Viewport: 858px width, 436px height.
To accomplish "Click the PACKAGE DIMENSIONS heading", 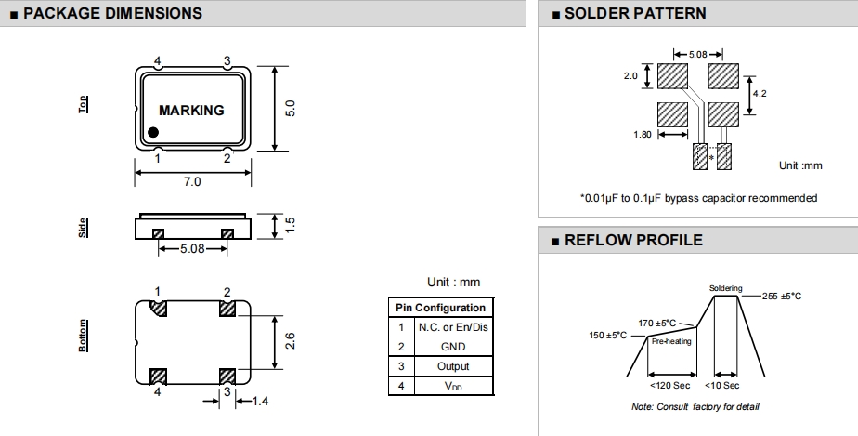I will pos(111,13).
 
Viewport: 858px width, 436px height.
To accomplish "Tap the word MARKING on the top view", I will pos(191,110).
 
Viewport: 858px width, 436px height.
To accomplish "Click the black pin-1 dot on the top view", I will pos(154,133).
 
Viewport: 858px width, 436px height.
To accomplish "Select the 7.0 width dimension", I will pos(191,182).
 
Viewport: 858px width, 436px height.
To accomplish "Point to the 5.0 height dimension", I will pos(290,108).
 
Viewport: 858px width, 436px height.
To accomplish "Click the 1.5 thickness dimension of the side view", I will pos(290,225).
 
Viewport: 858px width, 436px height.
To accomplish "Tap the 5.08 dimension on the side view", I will pos(191,249).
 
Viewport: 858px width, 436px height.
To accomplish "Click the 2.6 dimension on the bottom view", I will pos(290,340).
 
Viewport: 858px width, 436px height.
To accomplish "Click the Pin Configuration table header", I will pos(440,308).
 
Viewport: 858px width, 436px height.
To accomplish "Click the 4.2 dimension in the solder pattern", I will pos(759,93).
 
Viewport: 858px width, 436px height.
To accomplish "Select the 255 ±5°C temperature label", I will pos(781,296).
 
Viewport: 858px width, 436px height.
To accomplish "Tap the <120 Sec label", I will pos(669,385).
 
